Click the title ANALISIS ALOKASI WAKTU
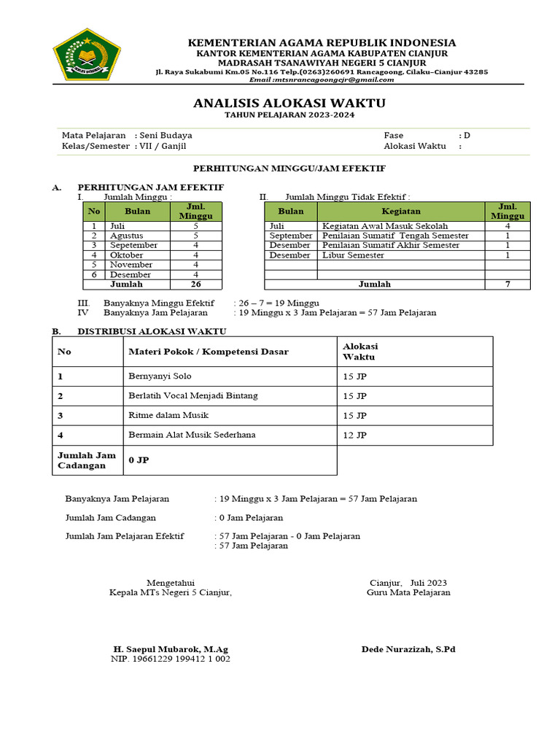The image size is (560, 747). pos(289,103)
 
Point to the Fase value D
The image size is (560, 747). pos(467,135)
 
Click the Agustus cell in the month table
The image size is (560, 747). pos(127,236)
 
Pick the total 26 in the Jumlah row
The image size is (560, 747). pos(195,284)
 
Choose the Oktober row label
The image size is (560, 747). pos(127,255)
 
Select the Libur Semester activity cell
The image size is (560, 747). pos(354,255)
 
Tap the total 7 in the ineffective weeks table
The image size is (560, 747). pos(507,284)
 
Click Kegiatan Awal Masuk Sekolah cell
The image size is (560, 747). pos(385,226)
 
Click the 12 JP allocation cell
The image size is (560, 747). pos(355,435)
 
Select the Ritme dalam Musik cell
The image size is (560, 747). pos(168,415)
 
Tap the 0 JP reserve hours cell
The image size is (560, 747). pos(139,460)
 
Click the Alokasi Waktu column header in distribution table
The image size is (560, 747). pos(360,352)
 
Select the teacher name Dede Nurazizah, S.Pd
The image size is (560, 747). pos(408,649)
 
